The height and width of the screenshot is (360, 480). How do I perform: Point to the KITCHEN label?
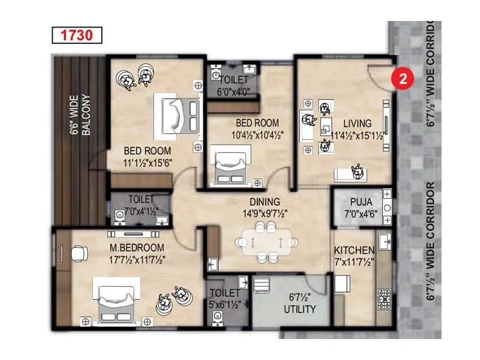pos(355,250)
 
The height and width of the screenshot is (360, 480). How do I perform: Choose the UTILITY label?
pos(300,310)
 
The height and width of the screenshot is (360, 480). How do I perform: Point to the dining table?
pos(265,241)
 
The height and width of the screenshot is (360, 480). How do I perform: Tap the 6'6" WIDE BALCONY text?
pos(80,114)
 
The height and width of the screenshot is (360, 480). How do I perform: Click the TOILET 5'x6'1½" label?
pos(224,299)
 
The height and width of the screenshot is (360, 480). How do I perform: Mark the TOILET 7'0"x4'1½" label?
pos(140,205)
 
